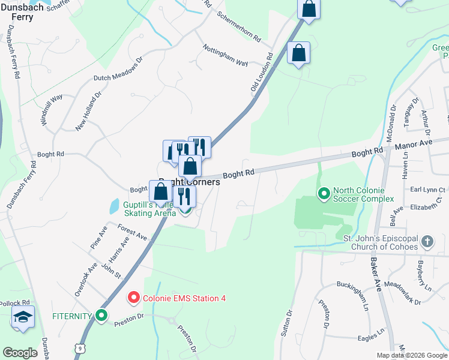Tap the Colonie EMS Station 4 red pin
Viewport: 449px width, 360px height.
pyautogui.click(x=133, y=298)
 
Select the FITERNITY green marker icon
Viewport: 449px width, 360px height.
pyautogui.click(x=101, y=314)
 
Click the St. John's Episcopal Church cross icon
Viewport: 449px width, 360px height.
pyautogui.click(x=427, y=241)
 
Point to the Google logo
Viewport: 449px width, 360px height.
pyautogui.click(x=20, y=353)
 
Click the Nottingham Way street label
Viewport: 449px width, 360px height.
pyautogui.click(x=225, y=55)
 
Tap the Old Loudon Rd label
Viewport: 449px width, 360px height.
pyautogui.click(x=262, y=72)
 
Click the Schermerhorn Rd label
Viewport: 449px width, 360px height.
pyautogui.click(x=239, y=26)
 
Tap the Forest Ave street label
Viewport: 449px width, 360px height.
pyautogui.click(x=132, y=233)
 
